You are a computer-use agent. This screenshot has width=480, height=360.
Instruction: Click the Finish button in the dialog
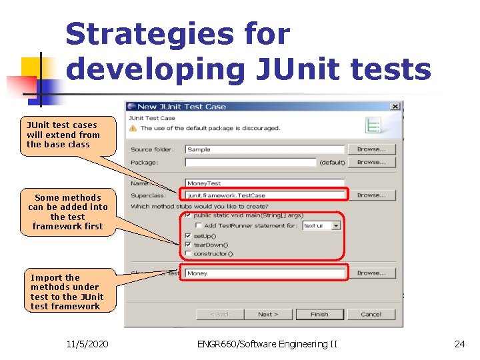coord(319,314)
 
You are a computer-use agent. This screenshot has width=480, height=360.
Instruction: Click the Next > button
coord(268,314)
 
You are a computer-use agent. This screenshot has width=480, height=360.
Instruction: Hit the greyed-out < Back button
coord(220,314)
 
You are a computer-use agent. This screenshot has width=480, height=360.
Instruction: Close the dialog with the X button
coord(395,106)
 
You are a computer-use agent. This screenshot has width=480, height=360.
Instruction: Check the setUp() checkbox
coord(189,236)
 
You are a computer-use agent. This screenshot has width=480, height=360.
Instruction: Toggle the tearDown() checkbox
coord(189,245)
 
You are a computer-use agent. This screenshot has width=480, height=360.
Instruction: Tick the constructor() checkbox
coord(189,253)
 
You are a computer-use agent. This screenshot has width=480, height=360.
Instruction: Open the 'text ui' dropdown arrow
coord(336,225)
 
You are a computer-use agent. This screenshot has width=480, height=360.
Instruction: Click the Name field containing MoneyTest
coord(265,183)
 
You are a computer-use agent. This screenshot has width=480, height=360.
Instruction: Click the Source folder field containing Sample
coord(265,149)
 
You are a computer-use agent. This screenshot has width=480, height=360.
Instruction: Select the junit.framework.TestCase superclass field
coord(265,195)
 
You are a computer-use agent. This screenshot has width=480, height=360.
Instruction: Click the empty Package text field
coord(250,162)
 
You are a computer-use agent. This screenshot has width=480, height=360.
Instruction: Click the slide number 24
coord(459,344)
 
